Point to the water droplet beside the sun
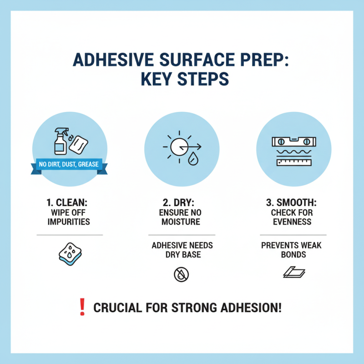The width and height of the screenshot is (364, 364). pos(193,160)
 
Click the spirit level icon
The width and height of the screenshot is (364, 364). pos(293,141)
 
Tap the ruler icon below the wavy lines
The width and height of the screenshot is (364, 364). pos(293,161)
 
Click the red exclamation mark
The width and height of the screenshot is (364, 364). pos(83,308)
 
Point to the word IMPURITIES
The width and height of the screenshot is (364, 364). pos(70,222)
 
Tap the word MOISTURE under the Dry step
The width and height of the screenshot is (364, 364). pos(182,222)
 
